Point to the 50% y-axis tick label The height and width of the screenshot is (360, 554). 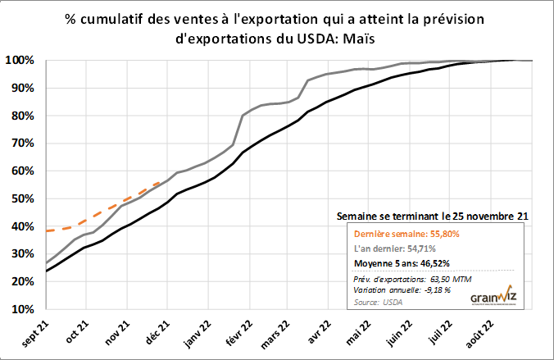[x=20, y=199]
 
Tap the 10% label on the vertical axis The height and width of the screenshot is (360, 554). [x=20, y=310]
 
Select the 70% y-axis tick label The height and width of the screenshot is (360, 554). [x=20, y=144]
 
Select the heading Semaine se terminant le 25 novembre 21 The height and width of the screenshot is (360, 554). [x=433, y=216]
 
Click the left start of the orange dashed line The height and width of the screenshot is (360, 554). [x=47, y=231]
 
